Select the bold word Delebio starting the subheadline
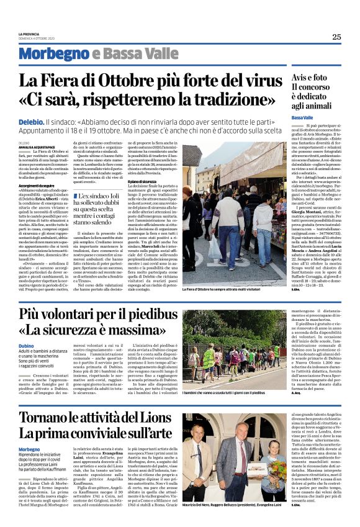click(x=31, y=124)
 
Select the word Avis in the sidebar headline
click(x=301, y=78)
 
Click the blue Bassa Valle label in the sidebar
click(x=302, y=118)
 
